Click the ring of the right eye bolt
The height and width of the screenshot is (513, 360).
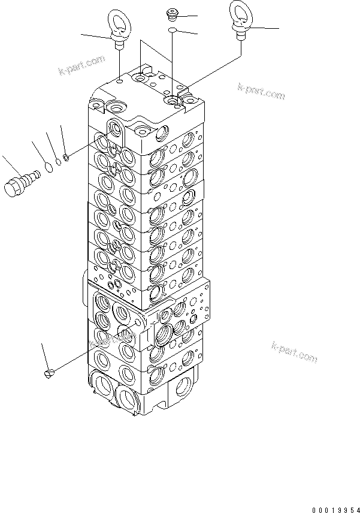click(240, 16)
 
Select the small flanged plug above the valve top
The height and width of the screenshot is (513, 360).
click(171, 14)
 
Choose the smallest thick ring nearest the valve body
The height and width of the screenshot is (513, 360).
click(67, 158)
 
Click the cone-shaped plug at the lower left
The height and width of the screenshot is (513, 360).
click(50, 373)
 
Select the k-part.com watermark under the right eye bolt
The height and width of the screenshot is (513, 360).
click(261, 92)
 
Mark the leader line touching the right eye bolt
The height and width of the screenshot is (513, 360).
click(264, 28)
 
